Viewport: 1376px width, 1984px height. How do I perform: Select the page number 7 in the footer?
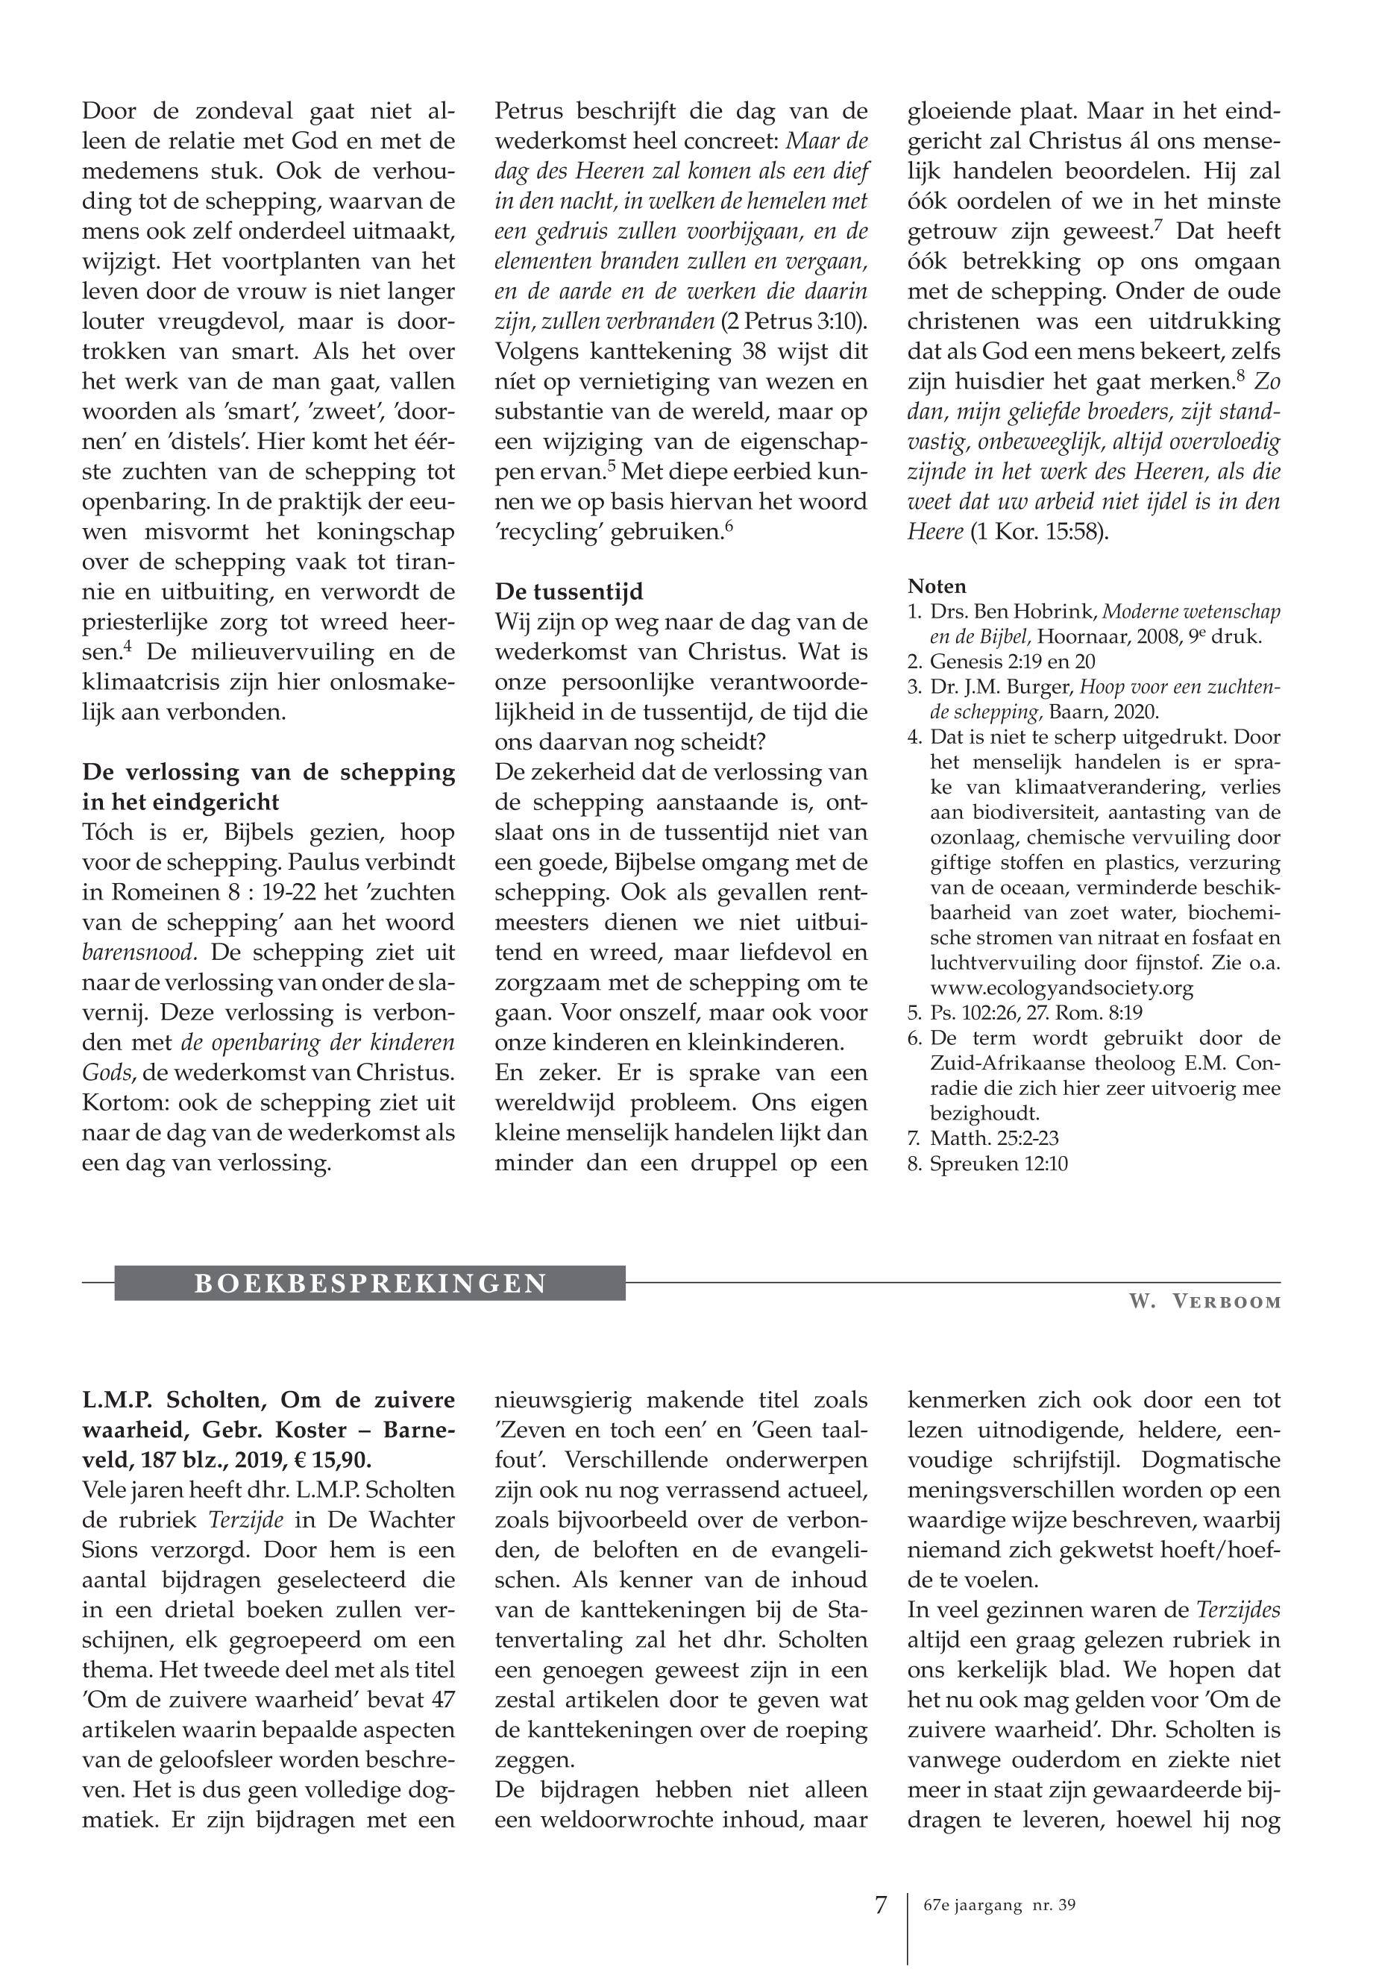pyautogui.click(x=880, y=1905)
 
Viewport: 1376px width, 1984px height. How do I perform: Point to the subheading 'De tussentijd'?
pyautogui.click(x=569, y=592)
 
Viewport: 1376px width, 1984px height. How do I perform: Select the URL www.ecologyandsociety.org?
pyautogui.click(x=1061, y=988)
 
